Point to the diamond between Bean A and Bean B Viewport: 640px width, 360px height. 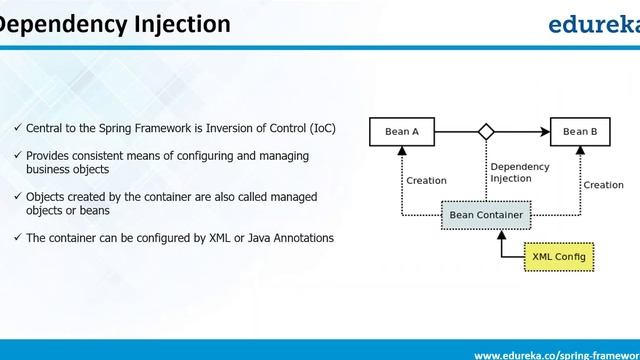pyautogui.click(x=486, y=131)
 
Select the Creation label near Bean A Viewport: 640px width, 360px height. pyautogui.click(x=426, y=181)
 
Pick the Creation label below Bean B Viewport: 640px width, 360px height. pyautogui.click(x=603, y=185)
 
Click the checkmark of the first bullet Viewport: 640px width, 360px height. pyautogui.click(x=18, y=128)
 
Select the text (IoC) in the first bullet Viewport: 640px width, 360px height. pyautogui.click(x=322, y=128)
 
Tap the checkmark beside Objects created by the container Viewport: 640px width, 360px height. pyautogui.click(x=18, y=197)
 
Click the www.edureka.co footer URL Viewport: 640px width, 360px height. pyautogui.click(x=556, y=354)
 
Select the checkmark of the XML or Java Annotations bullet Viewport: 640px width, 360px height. pyautogui.click(x=18, y=237)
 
